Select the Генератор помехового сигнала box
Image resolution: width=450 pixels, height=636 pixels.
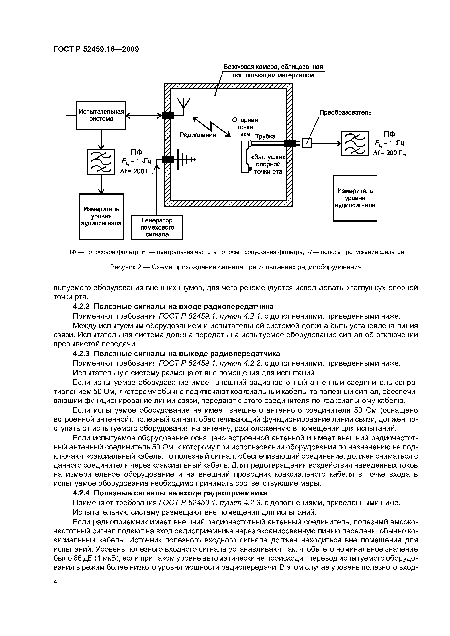[157, 227]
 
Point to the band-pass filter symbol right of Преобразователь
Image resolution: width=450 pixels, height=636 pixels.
[355, 143]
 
